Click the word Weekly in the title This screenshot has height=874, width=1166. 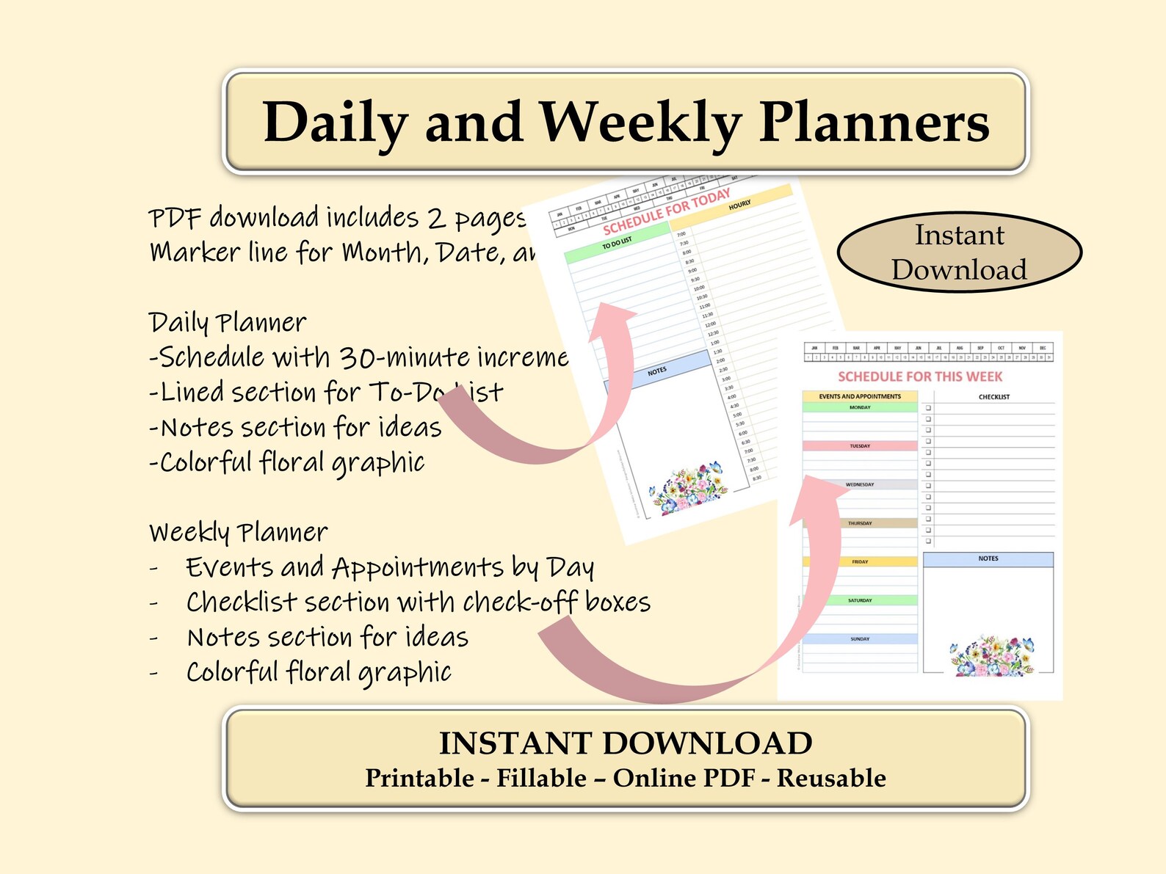tap(640, 122)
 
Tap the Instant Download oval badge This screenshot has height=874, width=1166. tap(959, 252)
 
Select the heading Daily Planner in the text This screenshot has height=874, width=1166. tap(228, 322)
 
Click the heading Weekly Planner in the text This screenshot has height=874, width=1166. tap(239, 531)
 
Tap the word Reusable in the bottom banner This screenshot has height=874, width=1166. tap(831, 778)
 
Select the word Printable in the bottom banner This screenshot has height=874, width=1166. tap(419, 778)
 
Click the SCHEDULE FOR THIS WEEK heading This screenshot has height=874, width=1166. tap(920, 376)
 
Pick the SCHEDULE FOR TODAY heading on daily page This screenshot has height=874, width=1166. tap(667, 211)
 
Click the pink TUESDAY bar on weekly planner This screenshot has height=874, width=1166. tap(860, 445)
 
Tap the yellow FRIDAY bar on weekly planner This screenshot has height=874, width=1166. tap(860, 561)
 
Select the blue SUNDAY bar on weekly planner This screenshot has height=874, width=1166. tap(860, 638)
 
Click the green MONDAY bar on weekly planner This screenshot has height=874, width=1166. tap(860, 407)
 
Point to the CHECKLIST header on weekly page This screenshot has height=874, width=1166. tap(993, 397)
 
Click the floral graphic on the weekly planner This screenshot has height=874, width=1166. tap(991, 655)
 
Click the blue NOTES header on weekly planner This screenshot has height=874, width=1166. tap(988, 559)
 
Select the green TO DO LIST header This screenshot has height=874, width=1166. tap(617, 244)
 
